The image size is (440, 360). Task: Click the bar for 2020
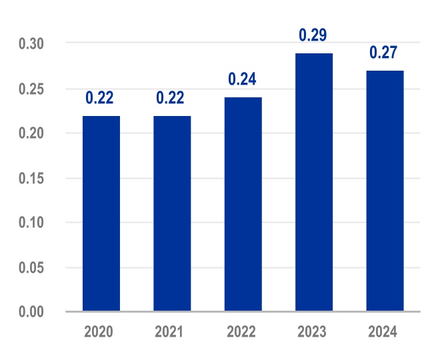coord(101,213)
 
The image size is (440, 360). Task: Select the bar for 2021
coord(172,213)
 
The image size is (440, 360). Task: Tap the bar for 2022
coord(243,204)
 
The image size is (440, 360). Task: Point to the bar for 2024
coord(385,191)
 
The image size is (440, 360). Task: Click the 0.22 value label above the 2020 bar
coord(100,98)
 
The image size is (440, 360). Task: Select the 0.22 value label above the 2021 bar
coord(171,98)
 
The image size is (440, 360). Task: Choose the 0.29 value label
coord(313,35)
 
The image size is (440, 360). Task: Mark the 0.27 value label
coord(385,52)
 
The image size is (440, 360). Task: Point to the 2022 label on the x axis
coord(241,332)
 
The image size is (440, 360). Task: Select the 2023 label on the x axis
coord(312,332)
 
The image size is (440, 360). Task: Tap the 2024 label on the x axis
coord(383,332)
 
